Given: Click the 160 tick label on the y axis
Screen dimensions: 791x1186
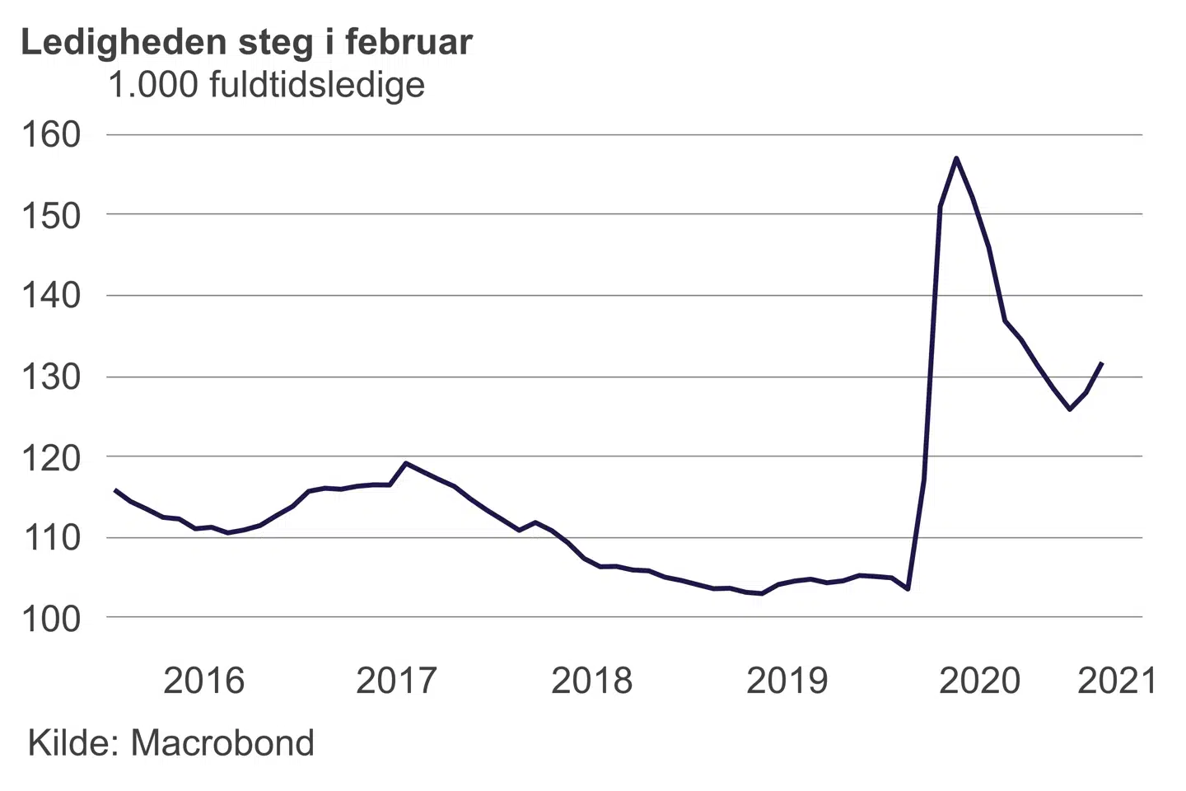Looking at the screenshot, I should pyautogui.click(x=51, y=135).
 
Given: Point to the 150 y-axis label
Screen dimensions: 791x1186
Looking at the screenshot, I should pyautogui.click(x=51, y=216).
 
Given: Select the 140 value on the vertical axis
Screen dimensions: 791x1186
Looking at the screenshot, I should pyautogui.click(x=51, y=296).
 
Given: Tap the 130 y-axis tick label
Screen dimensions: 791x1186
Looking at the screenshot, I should pyautogui.click(x=51, y=377).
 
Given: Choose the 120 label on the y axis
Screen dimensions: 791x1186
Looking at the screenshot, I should pyautogui.click(x=51, y=457).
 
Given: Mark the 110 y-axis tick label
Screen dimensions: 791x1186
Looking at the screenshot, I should pyautogui.click(x=51, y=538).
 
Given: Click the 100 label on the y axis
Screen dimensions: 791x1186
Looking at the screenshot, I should pyautogui.click(x=51, y=619).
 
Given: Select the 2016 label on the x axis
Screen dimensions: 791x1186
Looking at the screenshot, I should pyautogui.click(x=203, y=681).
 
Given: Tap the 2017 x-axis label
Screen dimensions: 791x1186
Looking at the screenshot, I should pyautogui.click(x=396, y=681).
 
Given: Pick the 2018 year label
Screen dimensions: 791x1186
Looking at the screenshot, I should pyautogui.click(x=591, y=681).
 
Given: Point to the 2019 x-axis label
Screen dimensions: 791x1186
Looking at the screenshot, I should pyautogui.click(x=787, y=681).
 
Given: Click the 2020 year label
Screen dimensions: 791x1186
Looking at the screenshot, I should pyautogui.click(x=979, y=681).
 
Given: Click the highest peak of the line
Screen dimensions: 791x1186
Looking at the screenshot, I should pyautogui.click(x=955, y=157).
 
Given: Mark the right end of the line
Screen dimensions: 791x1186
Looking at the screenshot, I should pyautogui.click(x=1102, y=363).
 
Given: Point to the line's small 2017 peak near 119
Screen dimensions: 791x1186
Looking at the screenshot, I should pyautogui.click(x=405, y=463).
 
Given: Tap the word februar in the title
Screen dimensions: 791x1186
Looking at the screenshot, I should pyautogui.click(x=409, y=42).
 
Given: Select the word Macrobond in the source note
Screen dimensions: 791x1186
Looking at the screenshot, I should pyautogui.click(x=222, y=743).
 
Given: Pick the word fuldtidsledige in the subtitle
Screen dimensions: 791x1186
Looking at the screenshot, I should pyautogui.click(x=317, y=85).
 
